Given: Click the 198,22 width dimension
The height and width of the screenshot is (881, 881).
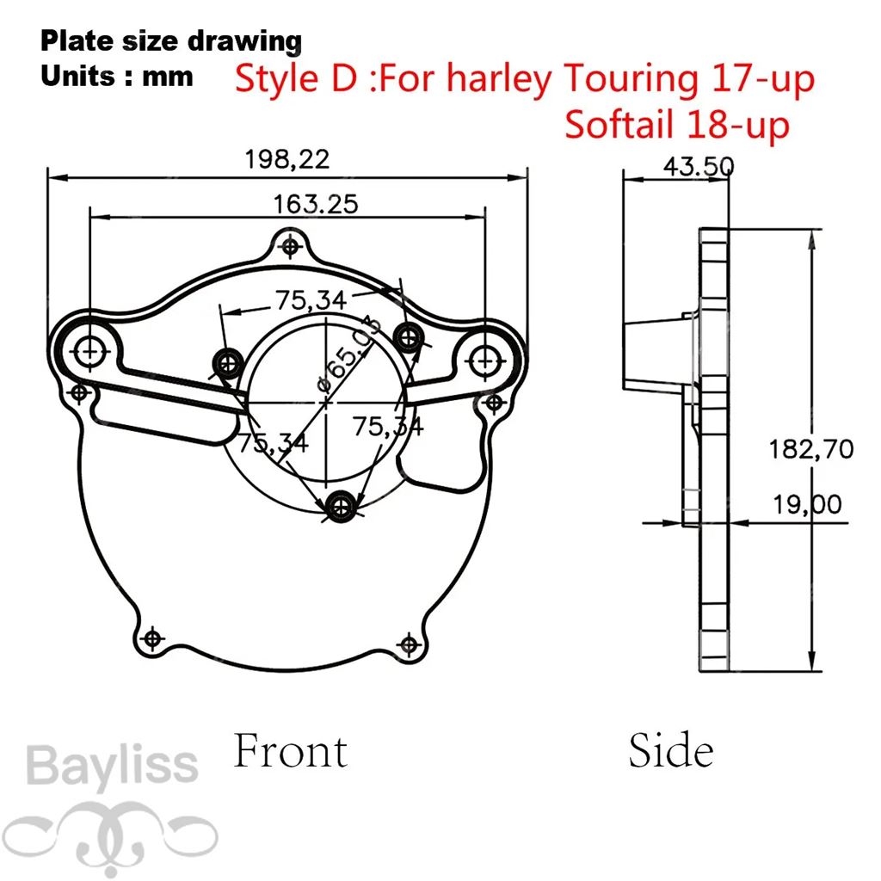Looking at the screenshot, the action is tap(287, 159).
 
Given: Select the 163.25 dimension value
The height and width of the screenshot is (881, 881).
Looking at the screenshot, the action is tap(315, 204).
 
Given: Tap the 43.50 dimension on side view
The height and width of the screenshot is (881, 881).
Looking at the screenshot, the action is tap(699, 166).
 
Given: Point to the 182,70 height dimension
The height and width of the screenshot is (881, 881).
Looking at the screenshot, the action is tap(810, 449).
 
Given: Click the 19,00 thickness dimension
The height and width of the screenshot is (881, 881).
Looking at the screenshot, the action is tap(807, 504).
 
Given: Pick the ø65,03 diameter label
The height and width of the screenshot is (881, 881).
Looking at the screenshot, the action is tap(349, 354).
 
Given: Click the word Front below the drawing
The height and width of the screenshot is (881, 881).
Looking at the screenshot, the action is tap(291, 750).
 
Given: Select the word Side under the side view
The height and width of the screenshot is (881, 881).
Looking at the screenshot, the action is tap(671, 750).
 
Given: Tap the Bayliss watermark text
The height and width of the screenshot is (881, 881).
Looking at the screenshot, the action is tap(113, 766).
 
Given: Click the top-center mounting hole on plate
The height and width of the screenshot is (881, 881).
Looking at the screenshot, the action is tap(290, 246).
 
